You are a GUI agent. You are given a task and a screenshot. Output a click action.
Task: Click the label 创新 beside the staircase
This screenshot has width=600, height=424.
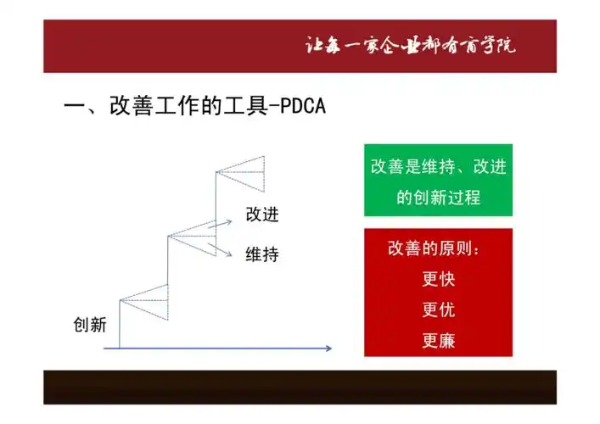coord(89,325)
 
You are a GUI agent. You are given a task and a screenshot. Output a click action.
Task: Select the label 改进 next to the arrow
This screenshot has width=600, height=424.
coord(262,215)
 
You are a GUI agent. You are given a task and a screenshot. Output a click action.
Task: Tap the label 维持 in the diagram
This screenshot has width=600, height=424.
coord(262,254)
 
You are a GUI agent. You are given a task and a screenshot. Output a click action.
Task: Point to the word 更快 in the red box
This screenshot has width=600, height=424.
coord(439,280)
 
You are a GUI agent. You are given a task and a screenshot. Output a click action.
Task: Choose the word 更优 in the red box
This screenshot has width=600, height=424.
coord(439,310)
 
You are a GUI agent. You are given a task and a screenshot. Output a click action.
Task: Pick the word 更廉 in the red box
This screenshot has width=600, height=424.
coord(439,342)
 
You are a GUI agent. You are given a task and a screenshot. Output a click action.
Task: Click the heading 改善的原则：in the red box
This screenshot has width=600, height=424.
coord(439,249)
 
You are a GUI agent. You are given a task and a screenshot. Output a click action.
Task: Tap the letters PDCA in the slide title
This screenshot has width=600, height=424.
coord(298,108)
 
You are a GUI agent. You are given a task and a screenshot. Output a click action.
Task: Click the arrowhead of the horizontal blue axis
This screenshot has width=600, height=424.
coord(328,348)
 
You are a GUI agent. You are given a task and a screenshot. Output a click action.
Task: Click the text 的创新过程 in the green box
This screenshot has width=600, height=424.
coord(439,198)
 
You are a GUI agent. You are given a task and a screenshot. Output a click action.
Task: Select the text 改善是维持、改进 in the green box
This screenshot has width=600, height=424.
coord(439,167)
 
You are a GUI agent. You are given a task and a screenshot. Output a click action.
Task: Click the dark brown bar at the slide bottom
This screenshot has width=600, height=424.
coord(300,387)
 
